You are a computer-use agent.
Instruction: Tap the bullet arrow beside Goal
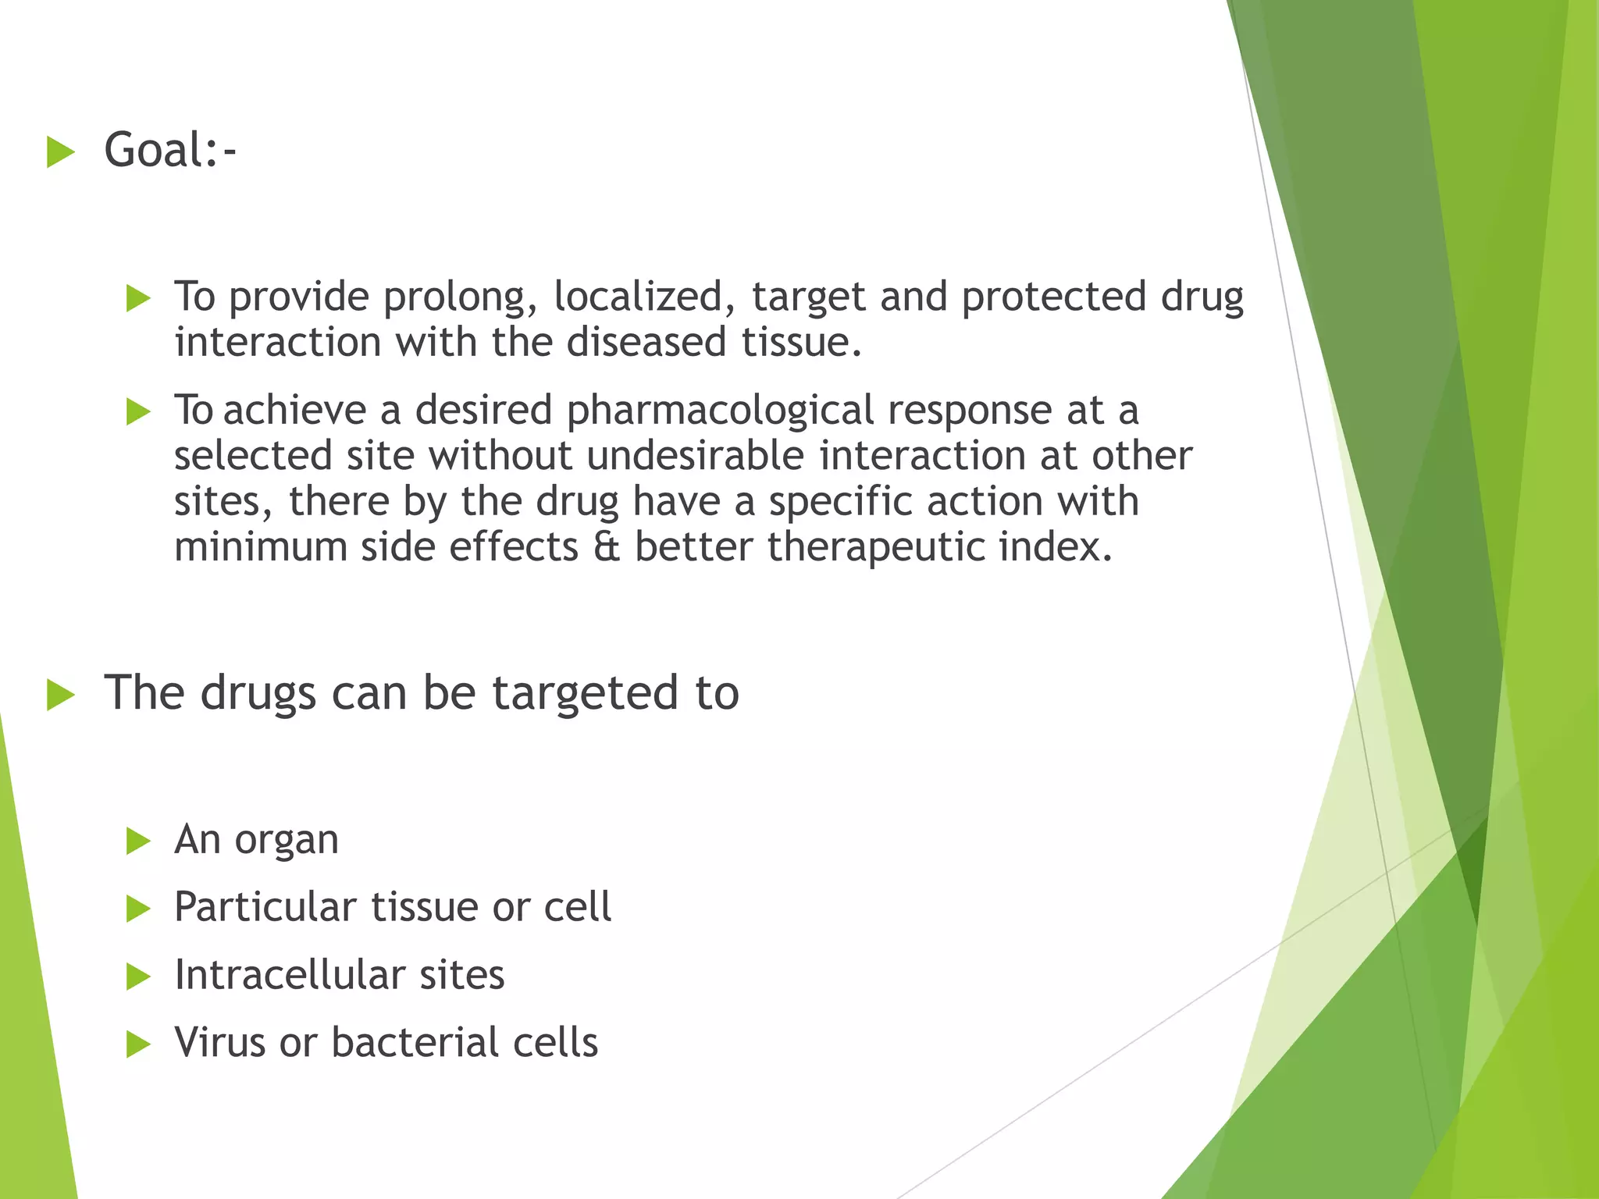(x=61, y=151)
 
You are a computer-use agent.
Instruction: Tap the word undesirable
(x=695, y=457)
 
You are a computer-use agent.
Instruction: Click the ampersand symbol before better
(x=606, y=547)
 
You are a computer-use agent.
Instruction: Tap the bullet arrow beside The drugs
(x=61, y=694)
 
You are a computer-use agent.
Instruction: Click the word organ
(x=287, y=841)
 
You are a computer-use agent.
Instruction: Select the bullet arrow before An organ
(x=137, y=841)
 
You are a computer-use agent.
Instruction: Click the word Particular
(x=265, y=908)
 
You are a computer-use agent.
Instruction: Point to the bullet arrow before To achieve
(x=137, y=411)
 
